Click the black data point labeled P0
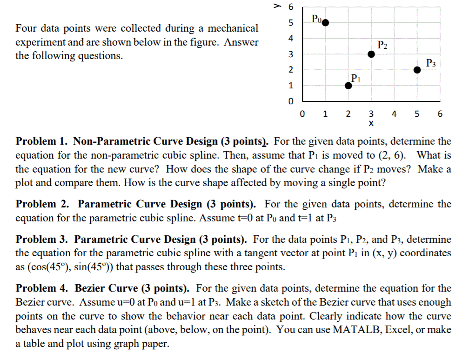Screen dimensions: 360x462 (325, 22)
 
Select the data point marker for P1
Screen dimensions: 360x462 (348, 85)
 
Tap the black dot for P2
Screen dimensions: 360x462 (371, 54)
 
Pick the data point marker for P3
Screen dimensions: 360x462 (417, 70)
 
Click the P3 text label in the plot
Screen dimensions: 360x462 (431, 62)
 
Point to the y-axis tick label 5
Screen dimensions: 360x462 (291, 23)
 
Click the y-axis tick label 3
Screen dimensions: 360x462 (291, 54)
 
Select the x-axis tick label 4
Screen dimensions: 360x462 (394, 113)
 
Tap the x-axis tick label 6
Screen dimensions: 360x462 (440, 113)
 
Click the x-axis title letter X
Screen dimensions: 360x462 (371, 124)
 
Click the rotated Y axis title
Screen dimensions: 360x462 (278, 7)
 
